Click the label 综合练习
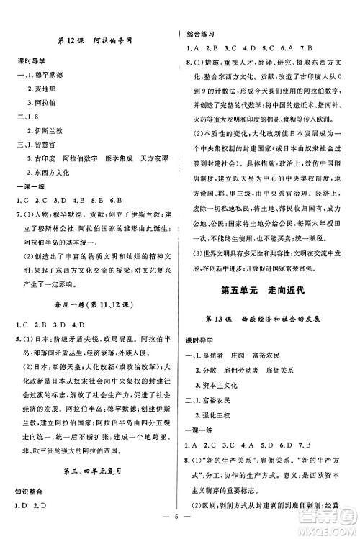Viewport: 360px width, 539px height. (202, 34)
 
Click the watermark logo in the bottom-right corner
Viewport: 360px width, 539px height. (336, 522)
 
